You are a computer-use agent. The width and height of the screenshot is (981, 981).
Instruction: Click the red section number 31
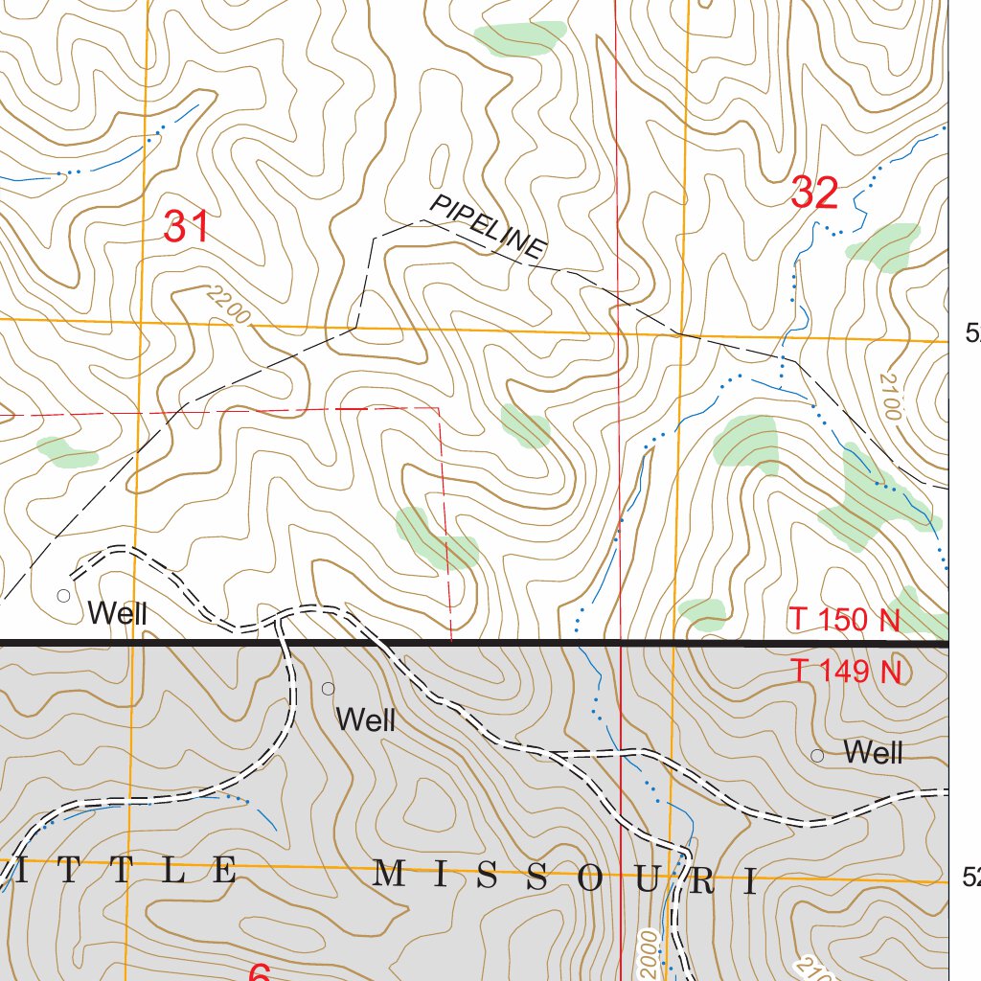click(186, 228)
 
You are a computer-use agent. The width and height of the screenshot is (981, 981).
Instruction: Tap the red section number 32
click(815, 194)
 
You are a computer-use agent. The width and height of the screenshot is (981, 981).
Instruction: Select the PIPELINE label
click(488, 226)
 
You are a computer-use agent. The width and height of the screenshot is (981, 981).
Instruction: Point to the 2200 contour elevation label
click(227, 307)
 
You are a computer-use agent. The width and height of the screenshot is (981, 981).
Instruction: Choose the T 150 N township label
click(845, 620)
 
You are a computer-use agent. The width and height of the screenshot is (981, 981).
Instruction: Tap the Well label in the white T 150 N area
click(117, 614)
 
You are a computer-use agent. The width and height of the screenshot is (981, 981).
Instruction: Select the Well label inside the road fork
click(366, 719)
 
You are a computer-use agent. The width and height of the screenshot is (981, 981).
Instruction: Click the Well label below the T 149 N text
click(873, 753)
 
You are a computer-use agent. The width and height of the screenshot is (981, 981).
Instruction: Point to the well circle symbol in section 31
click(64, 595)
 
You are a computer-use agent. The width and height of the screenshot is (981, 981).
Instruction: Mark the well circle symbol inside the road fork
click(328, 689)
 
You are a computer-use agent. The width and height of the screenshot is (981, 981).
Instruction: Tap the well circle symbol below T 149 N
click(817, 756)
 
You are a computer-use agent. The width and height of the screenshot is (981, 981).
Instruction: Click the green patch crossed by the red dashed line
click(436, 538)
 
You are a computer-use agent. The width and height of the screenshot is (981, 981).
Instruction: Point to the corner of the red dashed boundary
click(440, 408)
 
